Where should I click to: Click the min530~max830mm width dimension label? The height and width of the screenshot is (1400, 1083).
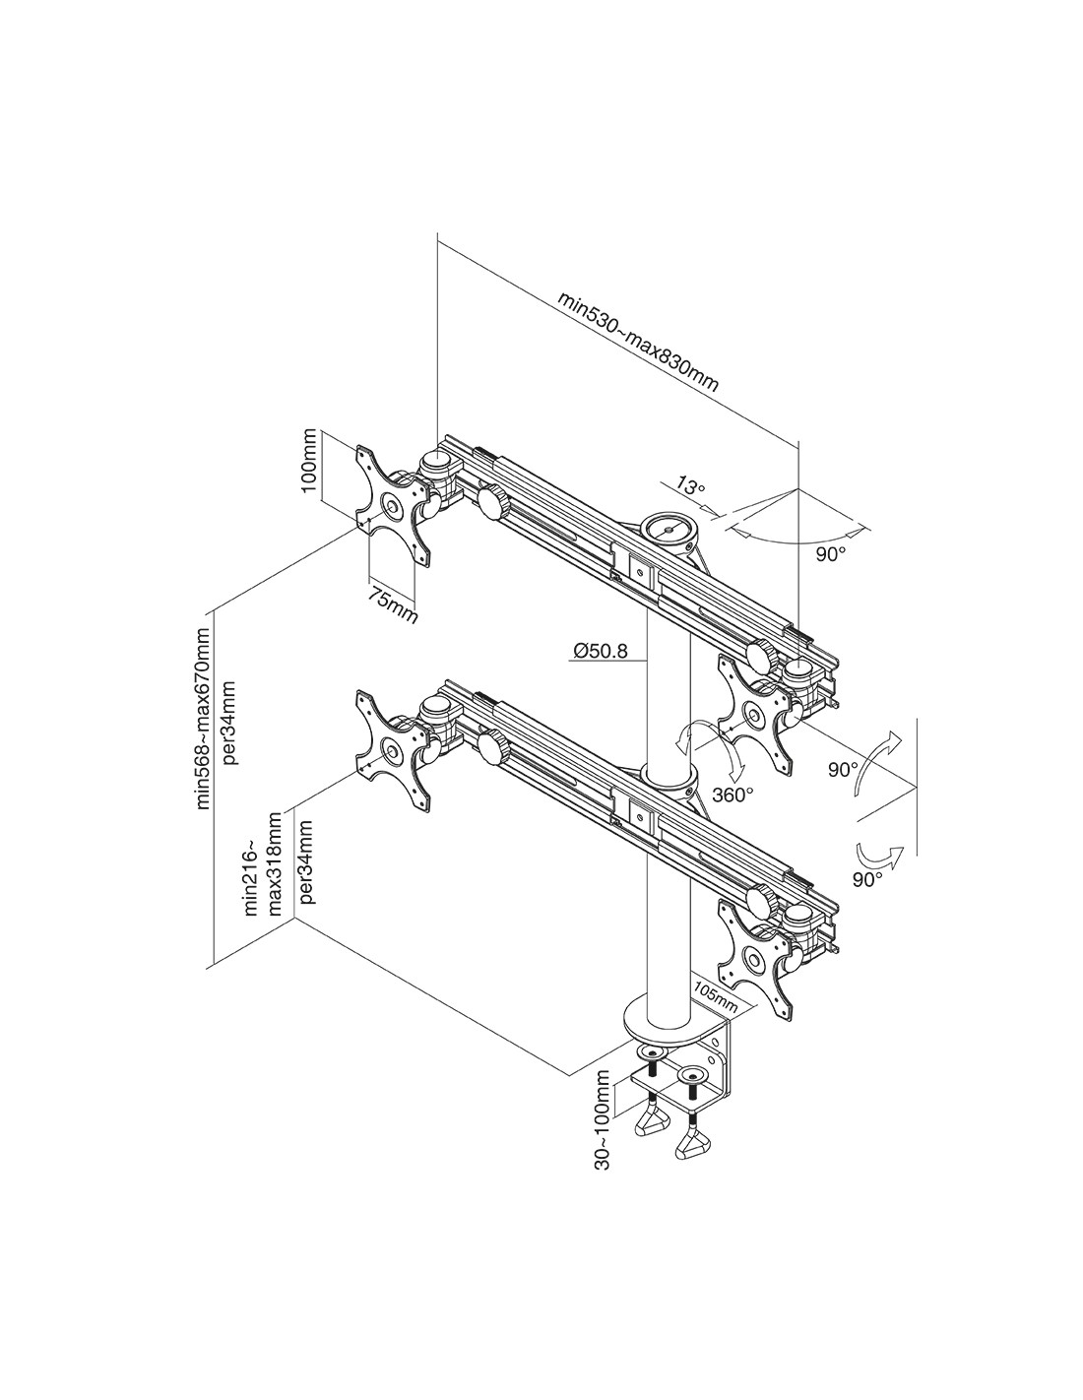point(637,342)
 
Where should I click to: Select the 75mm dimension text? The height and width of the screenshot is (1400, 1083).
point(393,604)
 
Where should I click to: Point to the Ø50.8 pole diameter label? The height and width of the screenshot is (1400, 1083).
point(599,651)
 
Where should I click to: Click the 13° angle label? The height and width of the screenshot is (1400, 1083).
point(690,485)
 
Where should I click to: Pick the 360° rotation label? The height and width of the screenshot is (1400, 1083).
point(733,795)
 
